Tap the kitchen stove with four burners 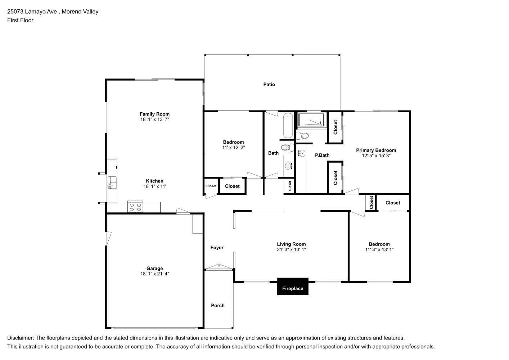point(135,207)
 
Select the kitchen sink point(112,183)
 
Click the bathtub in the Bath point(288,126)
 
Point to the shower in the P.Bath point(311,120)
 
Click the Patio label point(269,85)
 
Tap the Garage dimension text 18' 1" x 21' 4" point(154,274)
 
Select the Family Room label point(154,114)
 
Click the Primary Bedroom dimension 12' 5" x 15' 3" point(376,156)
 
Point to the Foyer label point(217,248)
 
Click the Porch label point(217,306)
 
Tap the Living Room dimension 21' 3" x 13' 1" point(291,249)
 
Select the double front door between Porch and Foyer point(219,267)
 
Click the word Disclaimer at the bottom point(20,338)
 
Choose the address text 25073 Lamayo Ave point(32,12)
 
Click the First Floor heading point(20,21)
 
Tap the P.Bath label point(322,156)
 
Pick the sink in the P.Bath point(301,154)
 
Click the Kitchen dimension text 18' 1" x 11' point(154,186)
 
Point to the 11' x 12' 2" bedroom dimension point(233,148)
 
